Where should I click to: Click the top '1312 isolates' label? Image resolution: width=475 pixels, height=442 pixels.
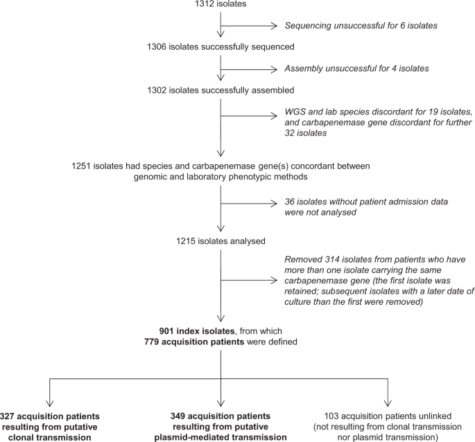click(221, 7)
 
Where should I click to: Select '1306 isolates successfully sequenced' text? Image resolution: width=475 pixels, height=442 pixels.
click(221, 48)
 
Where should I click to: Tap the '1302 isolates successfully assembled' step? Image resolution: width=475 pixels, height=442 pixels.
click(221, 90)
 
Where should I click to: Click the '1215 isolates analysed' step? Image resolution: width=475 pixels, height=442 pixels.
click(221, 242)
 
